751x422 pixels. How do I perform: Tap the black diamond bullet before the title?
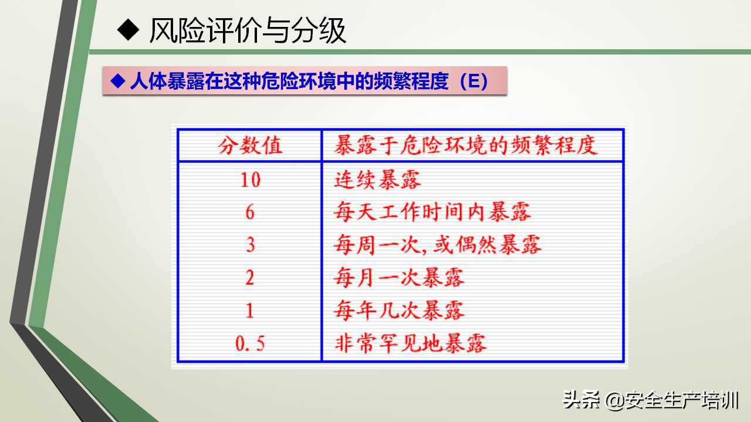127,30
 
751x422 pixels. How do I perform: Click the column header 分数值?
251,145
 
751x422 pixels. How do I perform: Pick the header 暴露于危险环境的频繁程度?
466,145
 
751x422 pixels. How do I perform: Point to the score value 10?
251,179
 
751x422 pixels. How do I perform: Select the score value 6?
251,212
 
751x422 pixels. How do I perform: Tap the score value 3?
251,244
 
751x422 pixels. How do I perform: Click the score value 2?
251,277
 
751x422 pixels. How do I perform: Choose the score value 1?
251,310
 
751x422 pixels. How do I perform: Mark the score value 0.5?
251,343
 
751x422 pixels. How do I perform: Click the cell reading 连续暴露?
377,179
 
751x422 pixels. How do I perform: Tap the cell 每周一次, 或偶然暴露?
437,244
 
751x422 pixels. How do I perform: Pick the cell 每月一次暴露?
399,277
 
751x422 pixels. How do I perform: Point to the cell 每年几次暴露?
399,310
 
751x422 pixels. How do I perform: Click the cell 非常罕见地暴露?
410,343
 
